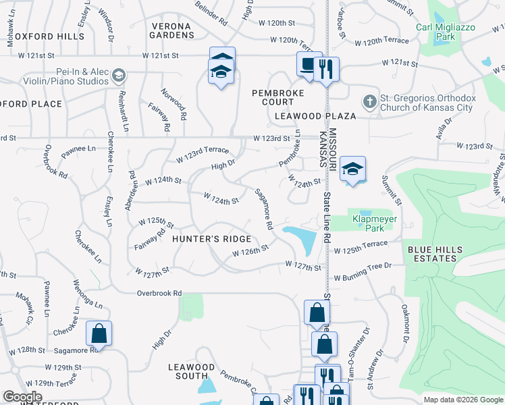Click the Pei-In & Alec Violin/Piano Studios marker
(x=119, y=74)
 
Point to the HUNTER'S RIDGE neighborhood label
(x=211, y=239)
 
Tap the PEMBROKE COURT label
(x=273, y=97)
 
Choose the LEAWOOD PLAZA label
(x=316, y=116)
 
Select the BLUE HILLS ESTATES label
(x=435, y=254)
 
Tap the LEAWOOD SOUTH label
(x=191, y=371)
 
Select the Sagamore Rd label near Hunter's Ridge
(x=263, y=207)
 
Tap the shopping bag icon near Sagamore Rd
(x=99, y=333)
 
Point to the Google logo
(x=22, y=397)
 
